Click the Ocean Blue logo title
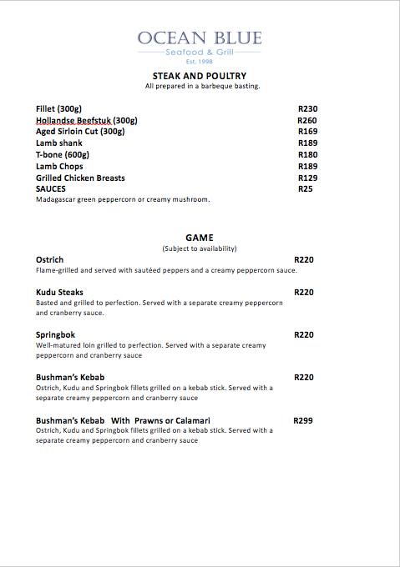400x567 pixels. tap(200, 38)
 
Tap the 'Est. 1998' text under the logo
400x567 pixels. tap(200, 63)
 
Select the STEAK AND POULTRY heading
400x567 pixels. tap(200, 76)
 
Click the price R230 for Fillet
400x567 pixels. tap(307, 109)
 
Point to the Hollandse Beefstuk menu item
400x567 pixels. tap(87, 121)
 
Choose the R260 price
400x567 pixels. tap(307, 121)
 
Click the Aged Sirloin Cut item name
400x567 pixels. tap(80, 132)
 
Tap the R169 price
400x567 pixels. tap(307, 132)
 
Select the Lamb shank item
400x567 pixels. tap(58, 143)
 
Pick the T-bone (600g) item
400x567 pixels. tap(62, 155)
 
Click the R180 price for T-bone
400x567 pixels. tap(307, 155)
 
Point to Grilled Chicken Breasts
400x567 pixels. tap(80, 178)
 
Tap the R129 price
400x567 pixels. tap(307, 178)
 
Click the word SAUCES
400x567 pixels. tap(51, 189)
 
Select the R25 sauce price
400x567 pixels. tap(305, 189)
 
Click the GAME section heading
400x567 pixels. tap(200, 238)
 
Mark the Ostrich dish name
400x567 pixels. tap(50, 260)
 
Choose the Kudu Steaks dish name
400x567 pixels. tap(58, 293)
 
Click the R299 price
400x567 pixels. tap(303, 421)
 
